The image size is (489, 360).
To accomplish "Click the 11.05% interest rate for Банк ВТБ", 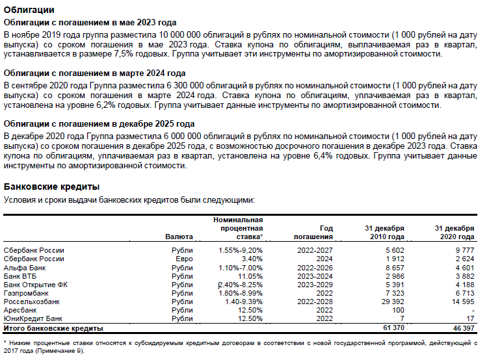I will (248, 276).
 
